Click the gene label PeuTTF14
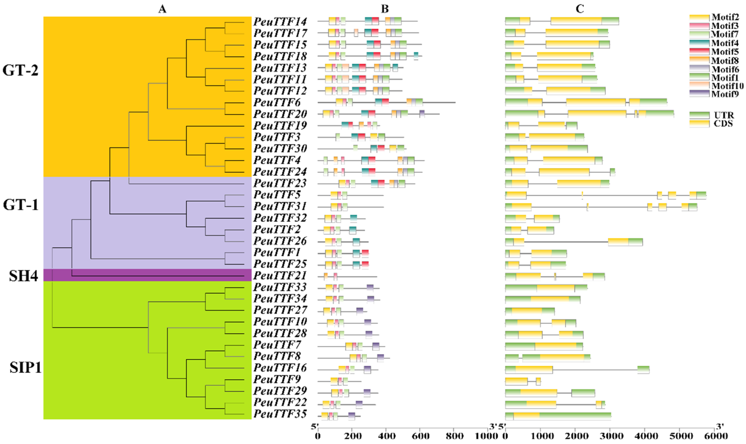click(x=280, y=22)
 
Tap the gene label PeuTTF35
click(x=280, y=414)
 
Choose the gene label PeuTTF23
click(x=280, y=183)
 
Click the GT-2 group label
click(x=20, y=71)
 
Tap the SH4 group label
click(x=23, y=276)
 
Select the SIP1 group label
click(x=25, y=367)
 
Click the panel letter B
click(x=385, y=9)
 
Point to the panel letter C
click(x=580, y=9)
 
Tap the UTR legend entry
click(x=723, y=115)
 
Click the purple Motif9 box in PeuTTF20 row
click(x=422, y=114)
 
